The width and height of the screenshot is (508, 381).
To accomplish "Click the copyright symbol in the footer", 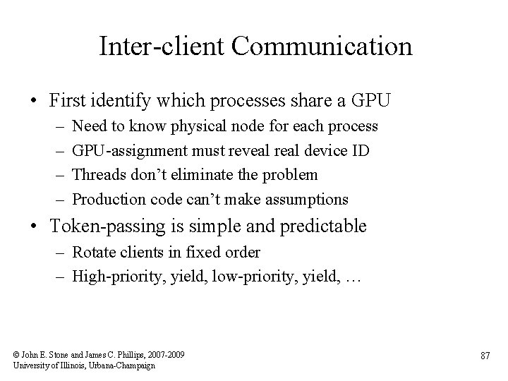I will (x=16, y=354).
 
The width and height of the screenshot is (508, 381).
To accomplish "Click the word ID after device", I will (x=361, y=150).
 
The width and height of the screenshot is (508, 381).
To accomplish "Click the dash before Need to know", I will (x=57, y=127).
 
